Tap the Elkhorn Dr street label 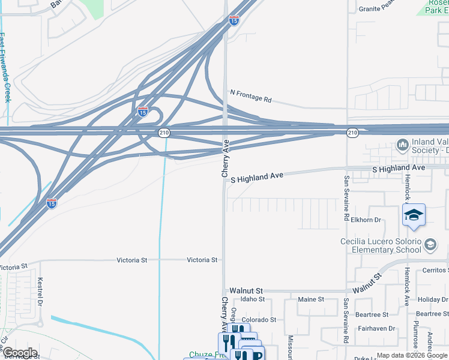point(366,220)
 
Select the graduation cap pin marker point(414,214)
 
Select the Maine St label point(311,299)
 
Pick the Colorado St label point(259,320)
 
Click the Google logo point(20,353)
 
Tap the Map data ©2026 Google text point(412,355)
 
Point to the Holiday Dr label point(432,299)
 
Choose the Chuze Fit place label point(202,355)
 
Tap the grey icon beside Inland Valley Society point(402,145)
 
